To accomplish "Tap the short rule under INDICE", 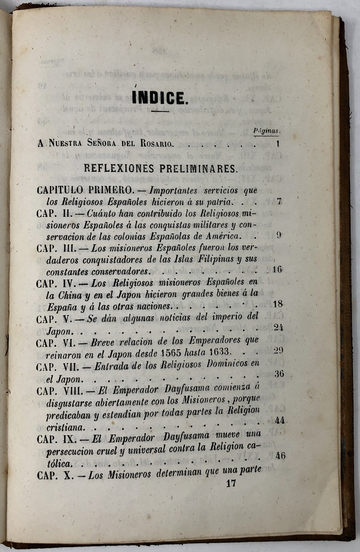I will pyautogui.click(x=160, y=111).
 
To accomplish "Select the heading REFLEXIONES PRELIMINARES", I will pyautogui.click(x=160, y=168).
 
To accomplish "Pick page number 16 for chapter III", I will pyautogui.click(x=277, y=269).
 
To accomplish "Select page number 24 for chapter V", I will pyautogui.click(x=278, y=327).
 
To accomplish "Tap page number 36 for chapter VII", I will pyautogui.click(x=279, y=373).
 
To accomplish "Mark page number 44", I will pyautogui.click(x=280, y=420).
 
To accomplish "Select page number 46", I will pyautogui.click(x=280, y=455).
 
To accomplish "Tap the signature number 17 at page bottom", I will pyautogui.click(x=231, y=483).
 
